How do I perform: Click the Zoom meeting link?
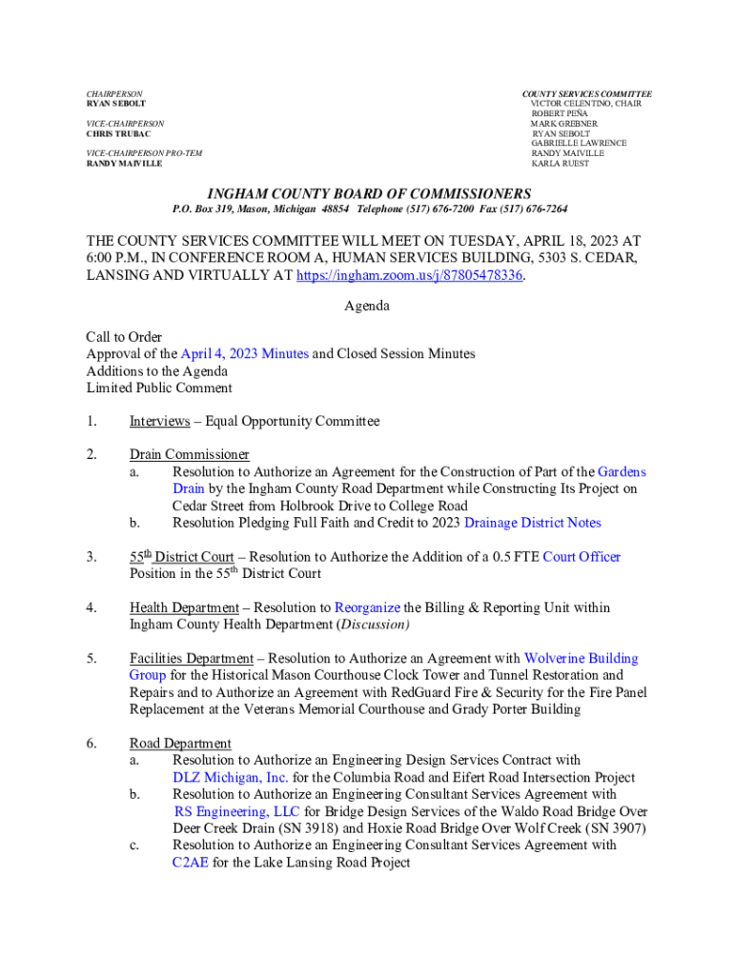(x=410, y=275)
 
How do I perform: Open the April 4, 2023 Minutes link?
(x=244, y=353)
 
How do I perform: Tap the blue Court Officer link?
(x=581, y=556)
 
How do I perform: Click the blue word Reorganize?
(x=367, y=607)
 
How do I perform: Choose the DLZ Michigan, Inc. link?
(x=231, y=777)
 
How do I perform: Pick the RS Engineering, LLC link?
(x=237, y=811)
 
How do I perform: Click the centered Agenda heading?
(x=367, y=307)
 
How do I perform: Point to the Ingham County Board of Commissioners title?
(x=367, y=193)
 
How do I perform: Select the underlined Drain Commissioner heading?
(x=190, y=454)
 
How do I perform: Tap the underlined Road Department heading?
(x=180, y=743)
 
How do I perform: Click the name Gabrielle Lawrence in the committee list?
(x=579, y=143)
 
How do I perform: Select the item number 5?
(x=91, y=658)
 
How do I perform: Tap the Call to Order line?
(x=124, y=337)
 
